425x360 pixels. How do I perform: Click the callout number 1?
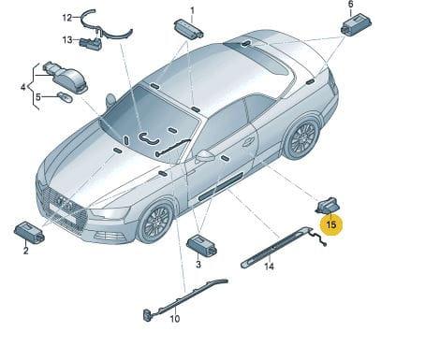192,11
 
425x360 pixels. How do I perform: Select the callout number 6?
351,5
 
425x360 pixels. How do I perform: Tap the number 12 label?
67,18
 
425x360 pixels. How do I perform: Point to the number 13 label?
67,40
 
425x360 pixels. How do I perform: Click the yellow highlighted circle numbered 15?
331,224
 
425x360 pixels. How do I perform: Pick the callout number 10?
175,319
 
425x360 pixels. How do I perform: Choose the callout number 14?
269,266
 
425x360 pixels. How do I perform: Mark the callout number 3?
198,265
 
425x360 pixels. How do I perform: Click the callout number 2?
26,250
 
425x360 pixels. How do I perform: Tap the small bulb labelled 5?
66,97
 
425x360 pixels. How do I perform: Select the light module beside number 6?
356,24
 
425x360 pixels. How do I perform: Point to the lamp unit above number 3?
202,245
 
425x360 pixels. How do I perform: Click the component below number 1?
189,29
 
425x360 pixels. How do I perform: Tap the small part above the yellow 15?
328,206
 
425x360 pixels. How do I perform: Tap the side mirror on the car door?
205,155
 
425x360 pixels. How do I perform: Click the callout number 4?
23,87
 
